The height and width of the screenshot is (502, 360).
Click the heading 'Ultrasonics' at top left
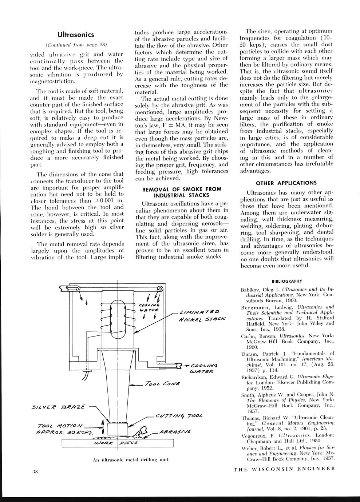(76, 35)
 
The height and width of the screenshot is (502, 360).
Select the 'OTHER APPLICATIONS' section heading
(286, 183)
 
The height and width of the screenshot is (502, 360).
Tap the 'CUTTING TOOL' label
(178, 416)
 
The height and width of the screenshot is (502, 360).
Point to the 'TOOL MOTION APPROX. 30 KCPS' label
(66, 429)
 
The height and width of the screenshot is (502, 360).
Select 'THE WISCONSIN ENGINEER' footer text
(284, 469)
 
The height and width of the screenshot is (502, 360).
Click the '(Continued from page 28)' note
(76, 45)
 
